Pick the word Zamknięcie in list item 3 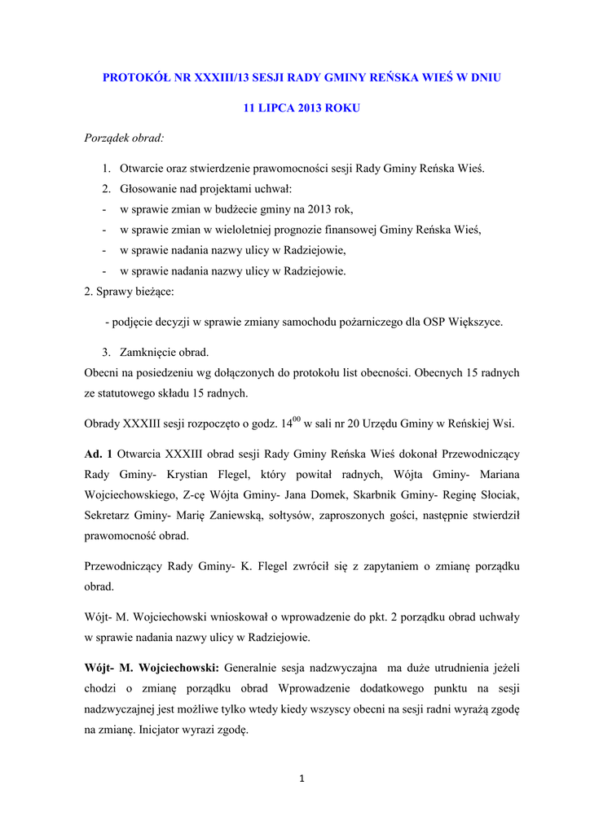(x=147, y=353)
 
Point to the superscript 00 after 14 (x=297, y=419)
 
